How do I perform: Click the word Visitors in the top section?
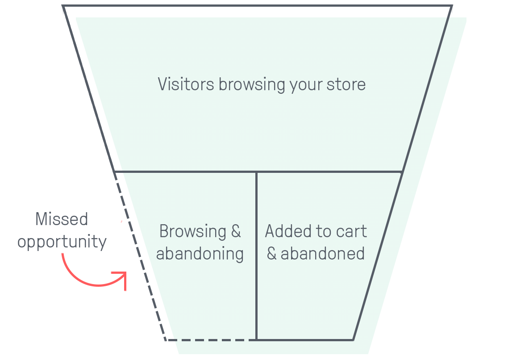pos(186,84)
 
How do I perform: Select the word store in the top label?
pos(346,85)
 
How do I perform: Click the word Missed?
pos(62,219)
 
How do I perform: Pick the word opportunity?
pos(62,242)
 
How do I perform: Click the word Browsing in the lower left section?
pos(193,232)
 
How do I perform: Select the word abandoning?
pos(200,254)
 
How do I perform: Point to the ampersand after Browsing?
pos(236,231)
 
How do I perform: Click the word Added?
pos(289,231)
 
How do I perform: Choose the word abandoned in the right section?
pos(323,253)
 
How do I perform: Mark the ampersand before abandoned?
pos(271,253)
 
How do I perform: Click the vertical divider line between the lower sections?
pos(256,256)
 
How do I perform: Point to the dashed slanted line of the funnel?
pos(140,256)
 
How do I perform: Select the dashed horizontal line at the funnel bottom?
pos(211,340)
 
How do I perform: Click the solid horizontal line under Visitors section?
pos(258,172)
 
